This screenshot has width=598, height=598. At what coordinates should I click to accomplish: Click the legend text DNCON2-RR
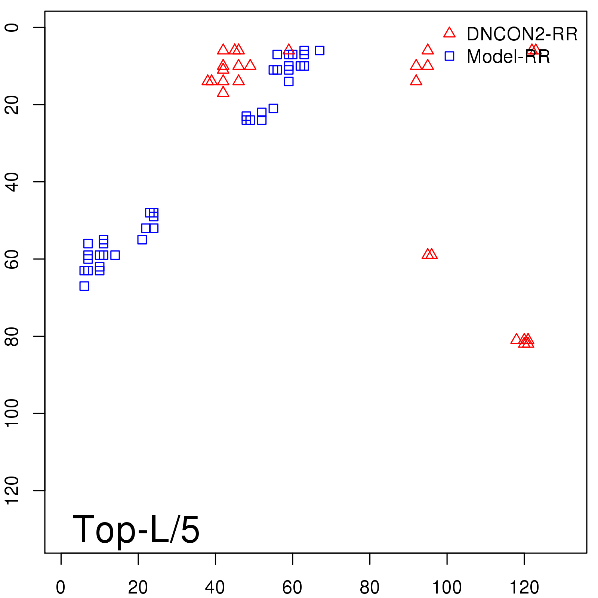(x=522, y=34)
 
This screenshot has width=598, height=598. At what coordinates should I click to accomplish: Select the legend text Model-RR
(x=508, y=57)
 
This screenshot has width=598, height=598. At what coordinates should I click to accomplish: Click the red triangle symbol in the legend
(x=449, y=33)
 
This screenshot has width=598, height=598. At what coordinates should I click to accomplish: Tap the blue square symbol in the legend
(x=449, y=56)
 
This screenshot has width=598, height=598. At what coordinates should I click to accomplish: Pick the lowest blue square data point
(x=84, y=286)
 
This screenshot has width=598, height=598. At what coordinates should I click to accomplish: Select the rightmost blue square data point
(x=320, y=50)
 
